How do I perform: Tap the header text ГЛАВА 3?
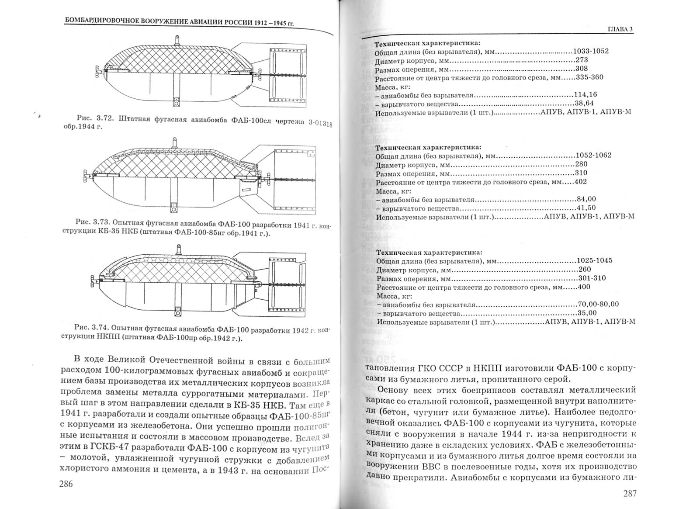620,30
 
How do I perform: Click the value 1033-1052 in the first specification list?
591,51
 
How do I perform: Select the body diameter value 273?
582,60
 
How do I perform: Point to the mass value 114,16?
586,95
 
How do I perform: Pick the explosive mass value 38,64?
584,104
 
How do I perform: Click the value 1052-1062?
593,155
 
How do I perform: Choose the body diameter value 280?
581,164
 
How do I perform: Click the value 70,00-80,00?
598,304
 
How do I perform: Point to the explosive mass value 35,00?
587,313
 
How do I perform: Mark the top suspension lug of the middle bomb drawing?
175,143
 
